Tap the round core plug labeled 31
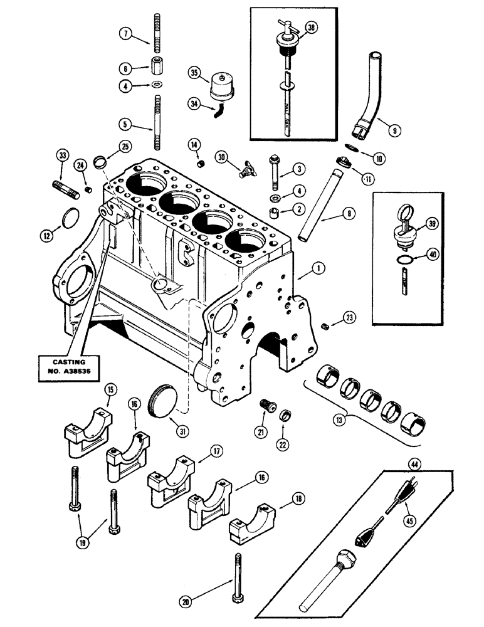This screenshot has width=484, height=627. (x=167, y=399)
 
